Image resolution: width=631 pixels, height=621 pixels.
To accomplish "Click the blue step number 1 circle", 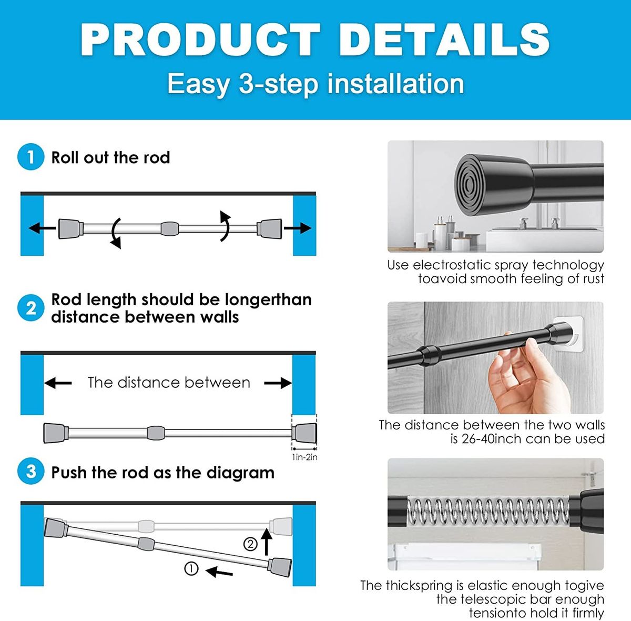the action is tap(31, 157).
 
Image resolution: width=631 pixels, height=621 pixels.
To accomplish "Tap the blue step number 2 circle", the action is tap(31, 308).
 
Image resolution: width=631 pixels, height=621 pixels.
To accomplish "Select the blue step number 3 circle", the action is tap(31, 472).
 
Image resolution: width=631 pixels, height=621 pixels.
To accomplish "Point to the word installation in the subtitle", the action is tap(395, 84).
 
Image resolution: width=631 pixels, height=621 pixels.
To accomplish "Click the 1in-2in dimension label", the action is tap(304, 457).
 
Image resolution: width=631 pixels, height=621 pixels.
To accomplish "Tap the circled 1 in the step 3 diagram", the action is tap(191, 568).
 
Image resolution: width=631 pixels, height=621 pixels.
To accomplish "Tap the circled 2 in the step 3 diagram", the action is tap(250, 544).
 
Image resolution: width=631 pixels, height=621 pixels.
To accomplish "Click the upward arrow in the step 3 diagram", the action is tap(267, 542).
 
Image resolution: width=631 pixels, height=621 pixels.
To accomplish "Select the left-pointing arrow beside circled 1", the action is tap(219, 572).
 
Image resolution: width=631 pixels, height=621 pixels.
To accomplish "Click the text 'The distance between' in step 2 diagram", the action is tap(169, 382).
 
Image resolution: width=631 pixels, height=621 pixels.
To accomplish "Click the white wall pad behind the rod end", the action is tap(570, 333).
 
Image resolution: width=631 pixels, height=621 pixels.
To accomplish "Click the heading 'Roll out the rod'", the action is tap(110, 157).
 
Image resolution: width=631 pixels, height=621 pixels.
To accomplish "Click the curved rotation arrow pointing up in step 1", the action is tap(225, 226).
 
